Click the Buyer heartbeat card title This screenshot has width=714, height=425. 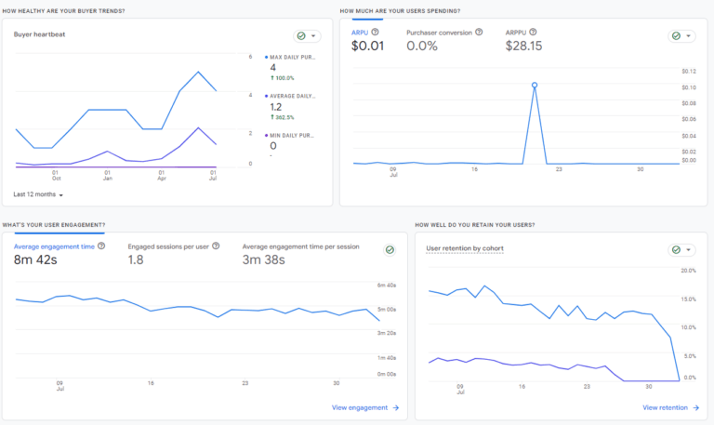tap(39, 34)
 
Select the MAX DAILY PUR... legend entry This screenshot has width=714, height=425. tap(292, 57)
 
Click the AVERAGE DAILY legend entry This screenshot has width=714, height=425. tap(292, 96)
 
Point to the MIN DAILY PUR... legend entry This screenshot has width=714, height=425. tap(292, 135)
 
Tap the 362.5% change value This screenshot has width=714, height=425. tap(284, 117)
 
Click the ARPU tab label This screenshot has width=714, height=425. tap(359, 33)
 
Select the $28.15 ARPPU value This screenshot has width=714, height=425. tap(523, 46)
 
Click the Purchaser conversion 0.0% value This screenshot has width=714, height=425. tap(421, 46)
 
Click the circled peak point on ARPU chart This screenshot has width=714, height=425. tap(535, 86)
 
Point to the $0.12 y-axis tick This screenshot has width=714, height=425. tap(688, 71)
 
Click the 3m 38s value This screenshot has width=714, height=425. tap(263, 260)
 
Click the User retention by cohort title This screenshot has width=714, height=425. tap(464, 249)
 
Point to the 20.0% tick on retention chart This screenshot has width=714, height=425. tap(688, 271)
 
